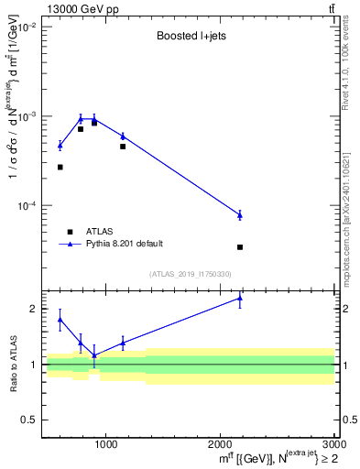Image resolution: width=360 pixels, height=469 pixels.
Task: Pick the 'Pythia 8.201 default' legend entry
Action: click(x=124, y=244)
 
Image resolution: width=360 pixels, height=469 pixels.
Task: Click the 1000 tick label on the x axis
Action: click(x=105, y=446)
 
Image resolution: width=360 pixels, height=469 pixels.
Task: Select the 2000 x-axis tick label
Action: click(x=220, y=446)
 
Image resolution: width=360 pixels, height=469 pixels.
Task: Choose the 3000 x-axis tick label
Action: click(x=333, y=446)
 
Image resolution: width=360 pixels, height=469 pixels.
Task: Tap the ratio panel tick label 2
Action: click(x=33, y=309)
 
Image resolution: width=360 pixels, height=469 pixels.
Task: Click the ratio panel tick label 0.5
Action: click(x=29, y=420)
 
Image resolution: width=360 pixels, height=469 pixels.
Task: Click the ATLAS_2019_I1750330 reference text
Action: click(x=190, y=274)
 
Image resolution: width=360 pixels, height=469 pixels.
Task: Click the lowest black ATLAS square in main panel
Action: click(x=240, y=247)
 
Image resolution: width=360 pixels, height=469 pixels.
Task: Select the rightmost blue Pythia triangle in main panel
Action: click(x=240, y=215)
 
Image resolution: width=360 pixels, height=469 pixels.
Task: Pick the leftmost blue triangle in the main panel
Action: click(x=60, y=146)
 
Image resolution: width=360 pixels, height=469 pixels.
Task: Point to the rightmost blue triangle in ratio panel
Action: click(x=240, y=298)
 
